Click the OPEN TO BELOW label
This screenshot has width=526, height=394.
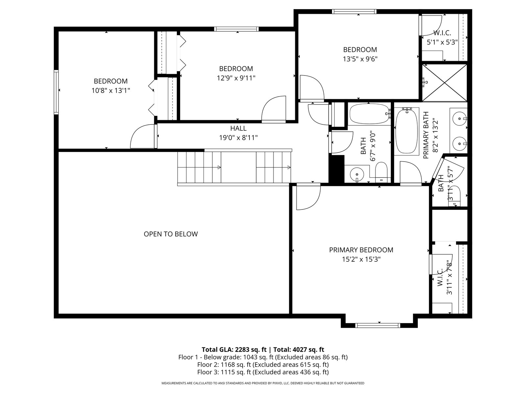click(171, 234)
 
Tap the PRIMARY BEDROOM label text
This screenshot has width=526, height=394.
click(361, 250)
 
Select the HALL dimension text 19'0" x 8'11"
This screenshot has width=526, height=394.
click(238, 138)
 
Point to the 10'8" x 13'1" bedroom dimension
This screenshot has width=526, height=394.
click(111, 91)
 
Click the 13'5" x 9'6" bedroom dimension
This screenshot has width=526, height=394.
click(360, 59)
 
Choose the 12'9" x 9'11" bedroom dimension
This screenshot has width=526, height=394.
click(236, 78)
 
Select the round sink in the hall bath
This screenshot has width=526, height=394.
click(357, 174)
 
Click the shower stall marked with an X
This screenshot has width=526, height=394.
click(444, 83)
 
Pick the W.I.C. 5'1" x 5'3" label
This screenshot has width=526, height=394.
click(442, 37)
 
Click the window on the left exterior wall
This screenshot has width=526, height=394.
click(56, 92)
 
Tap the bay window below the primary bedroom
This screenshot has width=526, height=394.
click(378, 325)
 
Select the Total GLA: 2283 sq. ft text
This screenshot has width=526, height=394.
click(234, 350)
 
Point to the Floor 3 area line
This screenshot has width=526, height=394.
click(263, 372)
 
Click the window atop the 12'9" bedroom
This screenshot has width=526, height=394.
click(236, 29)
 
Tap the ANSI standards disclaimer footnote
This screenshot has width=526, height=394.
click(263, 383)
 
